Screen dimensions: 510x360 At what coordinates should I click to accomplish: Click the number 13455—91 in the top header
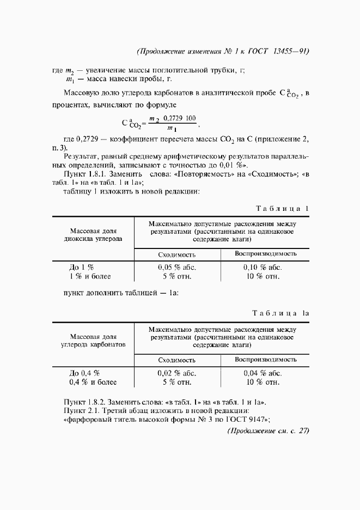pos(290,52)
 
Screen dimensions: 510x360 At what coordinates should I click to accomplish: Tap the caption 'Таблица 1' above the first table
pos(282,208)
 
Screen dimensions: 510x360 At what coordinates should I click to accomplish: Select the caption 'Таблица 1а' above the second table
pos(280,313)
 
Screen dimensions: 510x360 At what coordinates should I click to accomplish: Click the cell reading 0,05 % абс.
pos(177,267)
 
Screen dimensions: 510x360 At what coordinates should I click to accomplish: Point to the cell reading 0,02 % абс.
pos(177,373)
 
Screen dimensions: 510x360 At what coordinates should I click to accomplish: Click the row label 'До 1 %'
pos(81,267)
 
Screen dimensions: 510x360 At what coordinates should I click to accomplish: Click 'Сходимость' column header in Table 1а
pos(177,360)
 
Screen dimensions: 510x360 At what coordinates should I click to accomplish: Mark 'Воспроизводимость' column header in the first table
pos(265,254)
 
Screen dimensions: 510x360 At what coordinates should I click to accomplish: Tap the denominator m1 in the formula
pos(172,129)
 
